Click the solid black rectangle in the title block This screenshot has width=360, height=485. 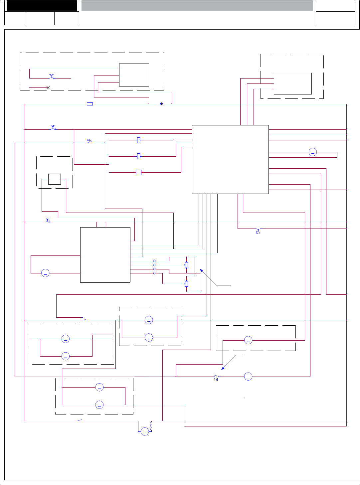pos(42,5)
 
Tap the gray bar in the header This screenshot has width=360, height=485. pos(197,5)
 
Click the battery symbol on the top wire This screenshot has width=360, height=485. pos(161,104)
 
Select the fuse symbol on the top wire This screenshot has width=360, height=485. pos(90,104)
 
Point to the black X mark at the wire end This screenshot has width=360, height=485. pos(48,87)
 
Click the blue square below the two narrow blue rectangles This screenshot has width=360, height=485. pos(139,172)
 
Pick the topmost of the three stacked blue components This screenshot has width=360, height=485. pos(139,140)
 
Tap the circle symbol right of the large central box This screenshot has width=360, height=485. pos(313,152)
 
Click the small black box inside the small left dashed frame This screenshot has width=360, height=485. pos(55,179)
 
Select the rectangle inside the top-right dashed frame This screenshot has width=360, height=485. pos(292,83)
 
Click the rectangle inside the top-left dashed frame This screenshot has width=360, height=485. pos(134,75)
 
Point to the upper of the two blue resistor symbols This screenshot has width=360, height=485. pos(186,265)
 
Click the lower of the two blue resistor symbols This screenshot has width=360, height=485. pos(186,284)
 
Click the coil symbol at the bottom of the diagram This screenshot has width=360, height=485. pos(151,426)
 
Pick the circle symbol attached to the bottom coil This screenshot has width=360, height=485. pos(145,432)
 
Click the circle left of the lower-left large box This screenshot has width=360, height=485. pos(45,273)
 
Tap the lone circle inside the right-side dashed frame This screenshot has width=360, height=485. pos(248,340)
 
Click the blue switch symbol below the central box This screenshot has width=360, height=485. pos(258,232)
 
